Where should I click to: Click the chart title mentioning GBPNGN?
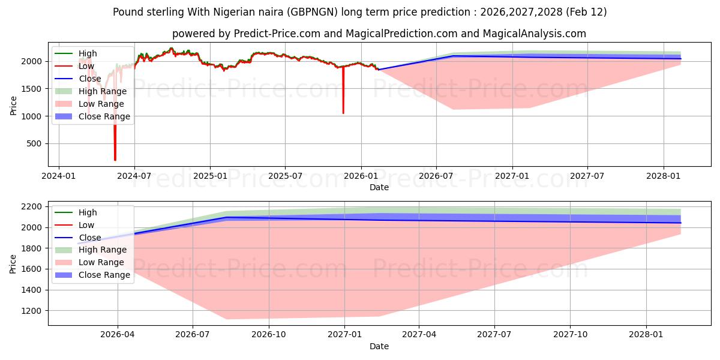[359, 12]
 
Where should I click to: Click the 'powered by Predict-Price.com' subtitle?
[379, 34]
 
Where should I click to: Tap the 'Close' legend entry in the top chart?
[90, 79]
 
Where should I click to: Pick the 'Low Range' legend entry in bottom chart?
[101, 262]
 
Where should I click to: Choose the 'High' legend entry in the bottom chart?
[88, 212]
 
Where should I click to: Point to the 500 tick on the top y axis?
[35, 143]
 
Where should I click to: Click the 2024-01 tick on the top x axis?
[58, 176]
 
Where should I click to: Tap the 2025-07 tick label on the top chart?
[284, 176]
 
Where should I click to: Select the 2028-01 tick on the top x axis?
[664, 176]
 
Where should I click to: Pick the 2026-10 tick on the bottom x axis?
[268, 335]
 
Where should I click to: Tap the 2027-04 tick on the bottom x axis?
[419, 335]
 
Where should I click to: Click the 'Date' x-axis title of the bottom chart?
[379, 346]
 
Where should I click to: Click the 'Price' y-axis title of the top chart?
[14, 104]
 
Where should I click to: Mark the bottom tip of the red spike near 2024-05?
[115, 160]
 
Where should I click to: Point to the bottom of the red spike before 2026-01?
[343, 113]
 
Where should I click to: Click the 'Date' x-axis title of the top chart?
[379, 187]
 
